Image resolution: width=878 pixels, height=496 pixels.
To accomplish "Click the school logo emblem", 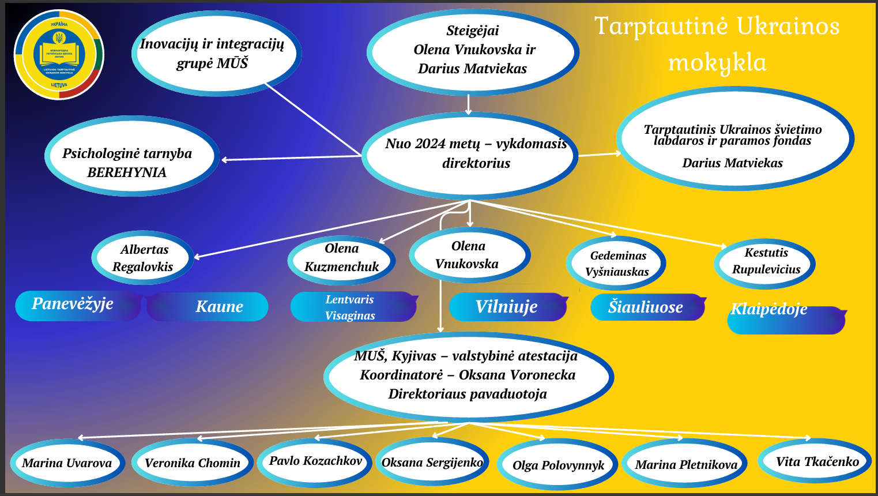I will [x=59, y=55].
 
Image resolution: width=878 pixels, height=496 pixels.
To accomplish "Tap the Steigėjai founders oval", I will [x=473, y=50].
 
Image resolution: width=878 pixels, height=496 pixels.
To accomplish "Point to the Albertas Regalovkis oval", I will [x=142, y=258].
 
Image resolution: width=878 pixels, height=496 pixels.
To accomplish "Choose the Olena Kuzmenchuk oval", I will [x=341, y=258].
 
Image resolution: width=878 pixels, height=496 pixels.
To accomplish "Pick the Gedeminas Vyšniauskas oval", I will [x=617, y=264].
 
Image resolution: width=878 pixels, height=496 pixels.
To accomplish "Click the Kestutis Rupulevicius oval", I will [x=765, y=262].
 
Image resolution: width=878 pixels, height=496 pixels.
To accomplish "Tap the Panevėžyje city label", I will [x=74, y=305].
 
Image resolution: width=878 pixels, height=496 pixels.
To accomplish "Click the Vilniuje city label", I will [x=506, y=307].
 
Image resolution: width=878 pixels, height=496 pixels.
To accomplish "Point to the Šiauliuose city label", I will [x=646, y=307].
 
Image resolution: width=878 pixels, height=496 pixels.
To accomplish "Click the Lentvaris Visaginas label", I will [x=351, y=307].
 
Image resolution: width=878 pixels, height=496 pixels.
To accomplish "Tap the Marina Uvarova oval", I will [x=67, y=463].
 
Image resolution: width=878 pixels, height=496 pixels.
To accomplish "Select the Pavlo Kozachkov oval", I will [x=315, y=461].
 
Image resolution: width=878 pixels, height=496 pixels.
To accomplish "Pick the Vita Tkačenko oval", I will [x=816, y=461].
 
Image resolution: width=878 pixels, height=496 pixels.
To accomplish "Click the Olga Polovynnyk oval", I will [x=558, y=465].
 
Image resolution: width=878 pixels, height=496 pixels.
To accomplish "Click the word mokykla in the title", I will [x=718, y=62].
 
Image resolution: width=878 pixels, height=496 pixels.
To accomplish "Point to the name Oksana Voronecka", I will [x=517, y=375].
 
